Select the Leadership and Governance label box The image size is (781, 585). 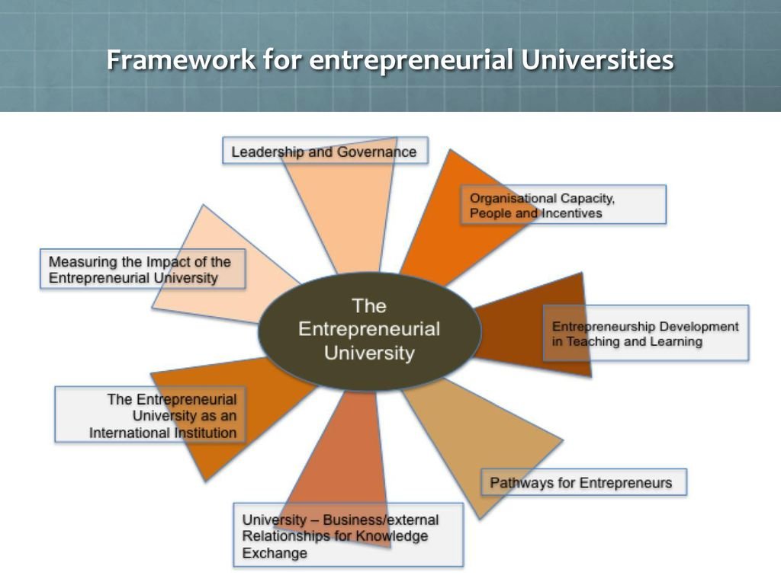(324, 152)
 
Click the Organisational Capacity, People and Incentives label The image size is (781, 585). (563, 205)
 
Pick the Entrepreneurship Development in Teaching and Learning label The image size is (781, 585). (645, 334)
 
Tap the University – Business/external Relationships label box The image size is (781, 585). (348, 535)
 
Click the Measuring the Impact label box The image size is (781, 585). (143, 270)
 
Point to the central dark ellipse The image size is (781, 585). (370, 331)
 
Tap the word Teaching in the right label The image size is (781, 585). (591, 342)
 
